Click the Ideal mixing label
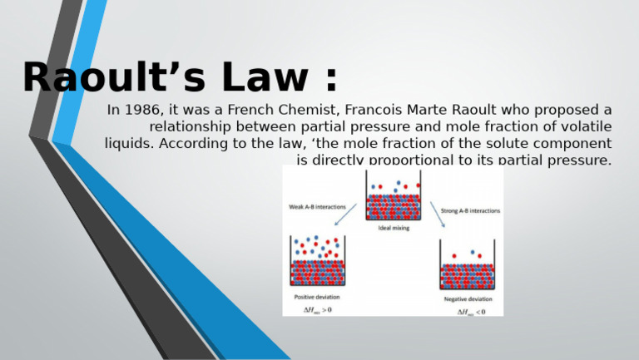pos(394,227)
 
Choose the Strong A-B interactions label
pos(470,211)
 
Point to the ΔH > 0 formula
pos(316,310)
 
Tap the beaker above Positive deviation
pos(317,262)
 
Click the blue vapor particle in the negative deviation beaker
pos(473,251)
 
